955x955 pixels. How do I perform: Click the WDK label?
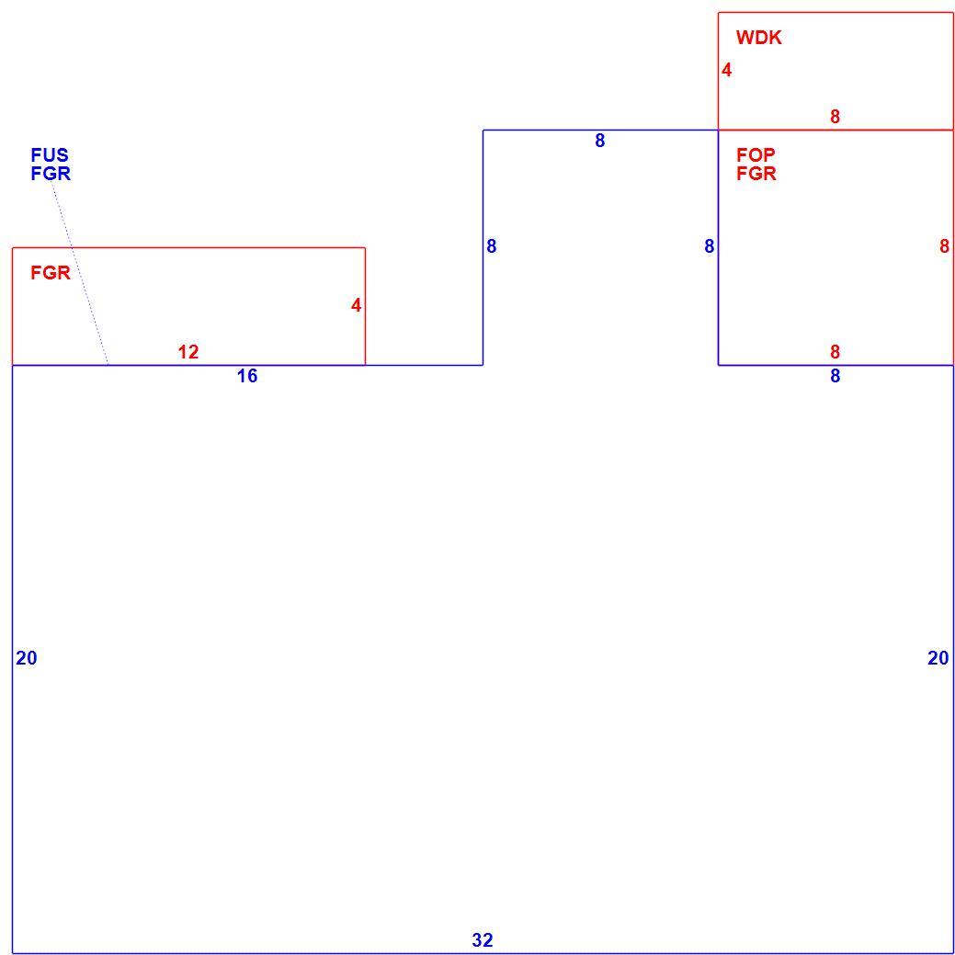[758, 38]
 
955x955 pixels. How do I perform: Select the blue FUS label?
[50, 154]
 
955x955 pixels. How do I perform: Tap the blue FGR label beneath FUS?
[51, 174]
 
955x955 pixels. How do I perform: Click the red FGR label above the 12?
[51, 273]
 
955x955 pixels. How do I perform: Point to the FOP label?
[756, 154]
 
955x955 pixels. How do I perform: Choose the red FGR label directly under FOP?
[756, 174]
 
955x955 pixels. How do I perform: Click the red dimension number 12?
[188, 352]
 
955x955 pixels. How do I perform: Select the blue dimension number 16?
[246, 377]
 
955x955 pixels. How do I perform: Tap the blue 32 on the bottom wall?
[482, 940]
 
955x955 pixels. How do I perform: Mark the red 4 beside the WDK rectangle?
[726, 71]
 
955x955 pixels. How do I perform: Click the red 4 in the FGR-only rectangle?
[356, 306]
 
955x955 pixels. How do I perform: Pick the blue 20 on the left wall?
[26, 658]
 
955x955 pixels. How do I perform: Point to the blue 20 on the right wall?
[938, 658]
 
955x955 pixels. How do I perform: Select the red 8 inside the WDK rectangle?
[835, 117]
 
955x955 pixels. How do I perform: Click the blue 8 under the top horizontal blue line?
[600, 141]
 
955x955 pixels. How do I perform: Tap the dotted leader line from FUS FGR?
[80, 273]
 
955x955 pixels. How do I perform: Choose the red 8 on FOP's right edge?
[944, 246]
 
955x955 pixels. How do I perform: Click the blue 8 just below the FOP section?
[835, 377]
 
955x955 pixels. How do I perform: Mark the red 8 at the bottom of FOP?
[835, 352]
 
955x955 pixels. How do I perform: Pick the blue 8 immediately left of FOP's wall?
[709, 246]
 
